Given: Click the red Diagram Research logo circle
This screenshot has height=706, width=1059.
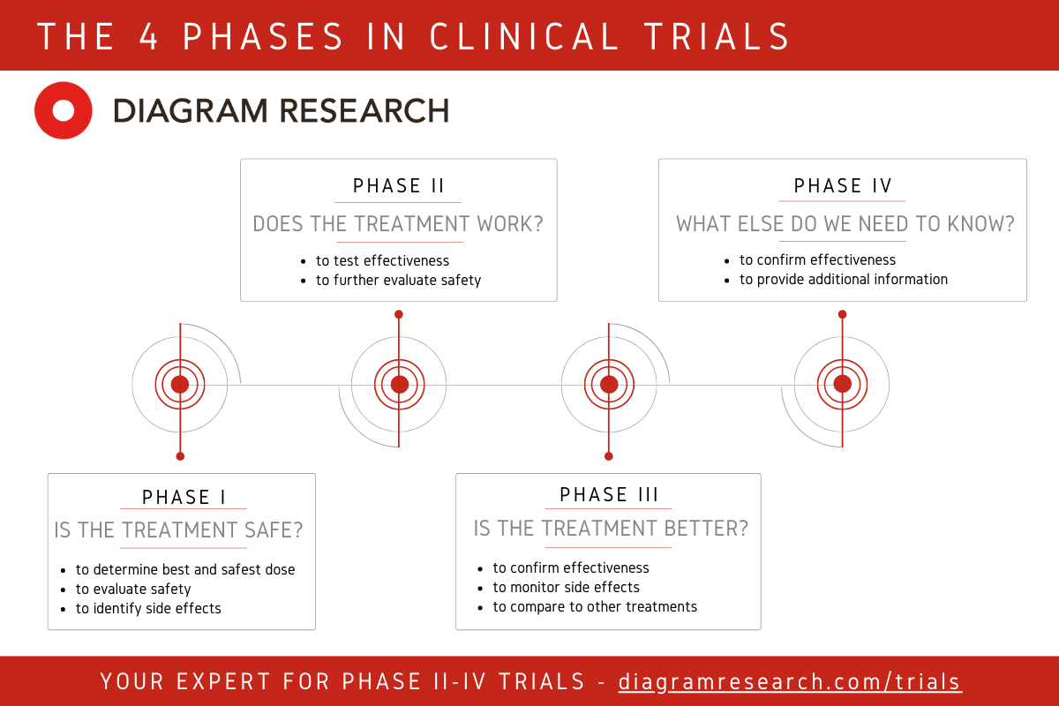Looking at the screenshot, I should (64, 110).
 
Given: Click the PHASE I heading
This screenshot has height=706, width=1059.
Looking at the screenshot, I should (184, 498).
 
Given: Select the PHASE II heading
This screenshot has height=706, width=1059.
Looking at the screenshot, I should (399, 186).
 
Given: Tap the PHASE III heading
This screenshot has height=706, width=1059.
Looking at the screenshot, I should (609, 495).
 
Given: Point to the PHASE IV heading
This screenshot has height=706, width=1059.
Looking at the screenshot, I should (843, 186).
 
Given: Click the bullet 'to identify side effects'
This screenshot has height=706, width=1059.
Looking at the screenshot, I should (148, 608).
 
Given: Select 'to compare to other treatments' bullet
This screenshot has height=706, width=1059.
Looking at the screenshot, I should (595, 606).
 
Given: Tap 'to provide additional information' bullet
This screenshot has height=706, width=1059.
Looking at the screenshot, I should (844, 279).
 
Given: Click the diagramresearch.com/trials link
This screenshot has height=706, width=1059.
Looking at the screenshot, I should (790, 681).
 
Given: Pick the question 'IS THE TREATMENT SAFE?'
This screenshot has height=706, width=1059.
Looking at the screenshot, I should (179, 530).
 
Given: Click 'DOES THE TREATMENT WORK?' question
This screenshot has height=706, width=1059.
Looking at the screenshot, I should (398, 224).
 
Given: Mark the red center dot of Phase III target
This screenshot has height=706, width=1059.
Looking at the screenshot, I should (609, 384).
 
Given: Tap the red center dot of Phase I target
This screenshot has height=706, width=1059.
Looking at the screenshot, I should (180, 384).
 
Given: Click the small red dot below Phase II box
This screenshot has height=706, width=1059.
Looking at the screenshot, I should (399, 314).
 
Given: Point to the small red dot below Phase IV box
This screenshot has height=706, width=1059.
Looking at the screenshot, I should (843, 314).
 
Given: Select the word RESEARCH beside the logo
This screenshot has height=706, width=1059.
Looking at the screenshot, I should (364, 111).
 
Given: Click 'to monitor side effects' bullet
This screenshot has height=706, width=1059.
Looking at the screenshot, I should (566, 587).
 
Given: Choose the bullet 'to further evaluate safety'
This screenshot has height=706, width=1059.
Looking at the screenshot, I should (398, 280).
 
